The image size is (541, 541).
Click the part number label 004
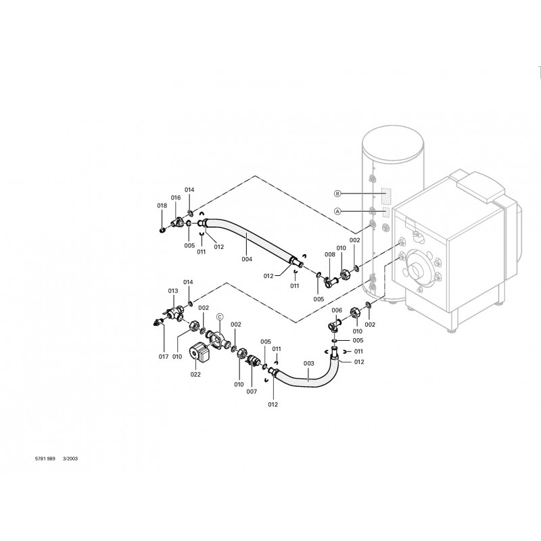(247, 259)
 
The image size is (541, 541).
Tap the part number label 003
(309, 363)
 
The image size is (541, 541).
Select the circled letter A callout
(337, 211)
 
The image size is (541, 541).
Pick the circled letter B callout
(337, 193)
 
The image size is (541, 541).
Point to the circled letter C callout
(220, 316)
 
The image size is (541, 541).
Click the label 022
(195, 375)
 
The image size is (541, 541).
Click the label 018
(162, 206)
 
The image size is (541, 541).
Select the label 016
(176, 197)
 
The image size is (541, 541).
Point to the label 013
(173, 291)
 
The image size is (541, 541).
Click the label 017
(164, 357)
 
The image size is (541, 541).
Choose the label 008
(330, 254)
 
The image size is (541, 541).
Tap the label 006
(337, 310)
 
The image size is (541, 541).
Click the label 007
(252, 392)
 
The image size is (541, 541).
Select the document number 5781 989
(45, 458)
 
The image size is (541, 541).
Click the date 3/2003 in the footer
(70, 458)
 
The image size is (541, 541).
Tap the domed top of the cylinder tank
(393, 142)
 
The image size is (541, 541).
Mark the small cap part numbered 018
(162, 229)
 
